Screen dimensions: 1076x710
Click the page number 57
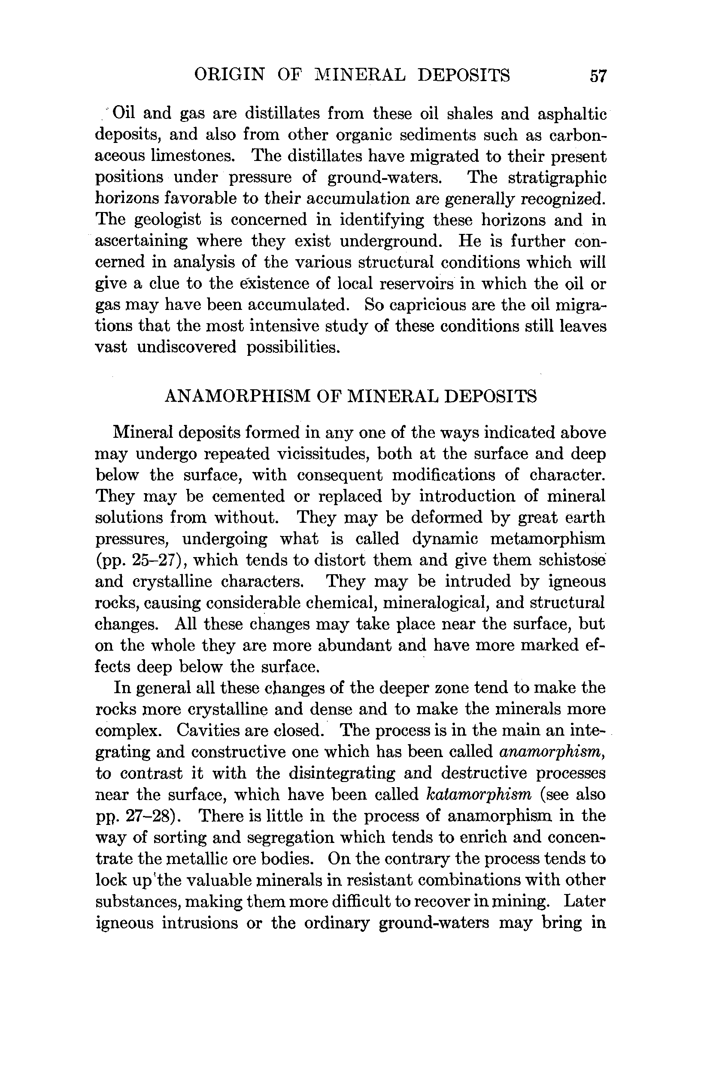click(x=598, y=76)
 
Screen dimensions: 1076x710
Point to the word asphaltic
click(x=572, y=114)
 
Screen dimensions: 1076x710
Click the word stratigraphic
click(x=557, y=178)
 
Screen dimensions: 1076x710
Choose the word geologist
click(x=168, y=221)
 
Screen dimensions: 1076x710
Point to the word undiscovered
click(x=187, y=347)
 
